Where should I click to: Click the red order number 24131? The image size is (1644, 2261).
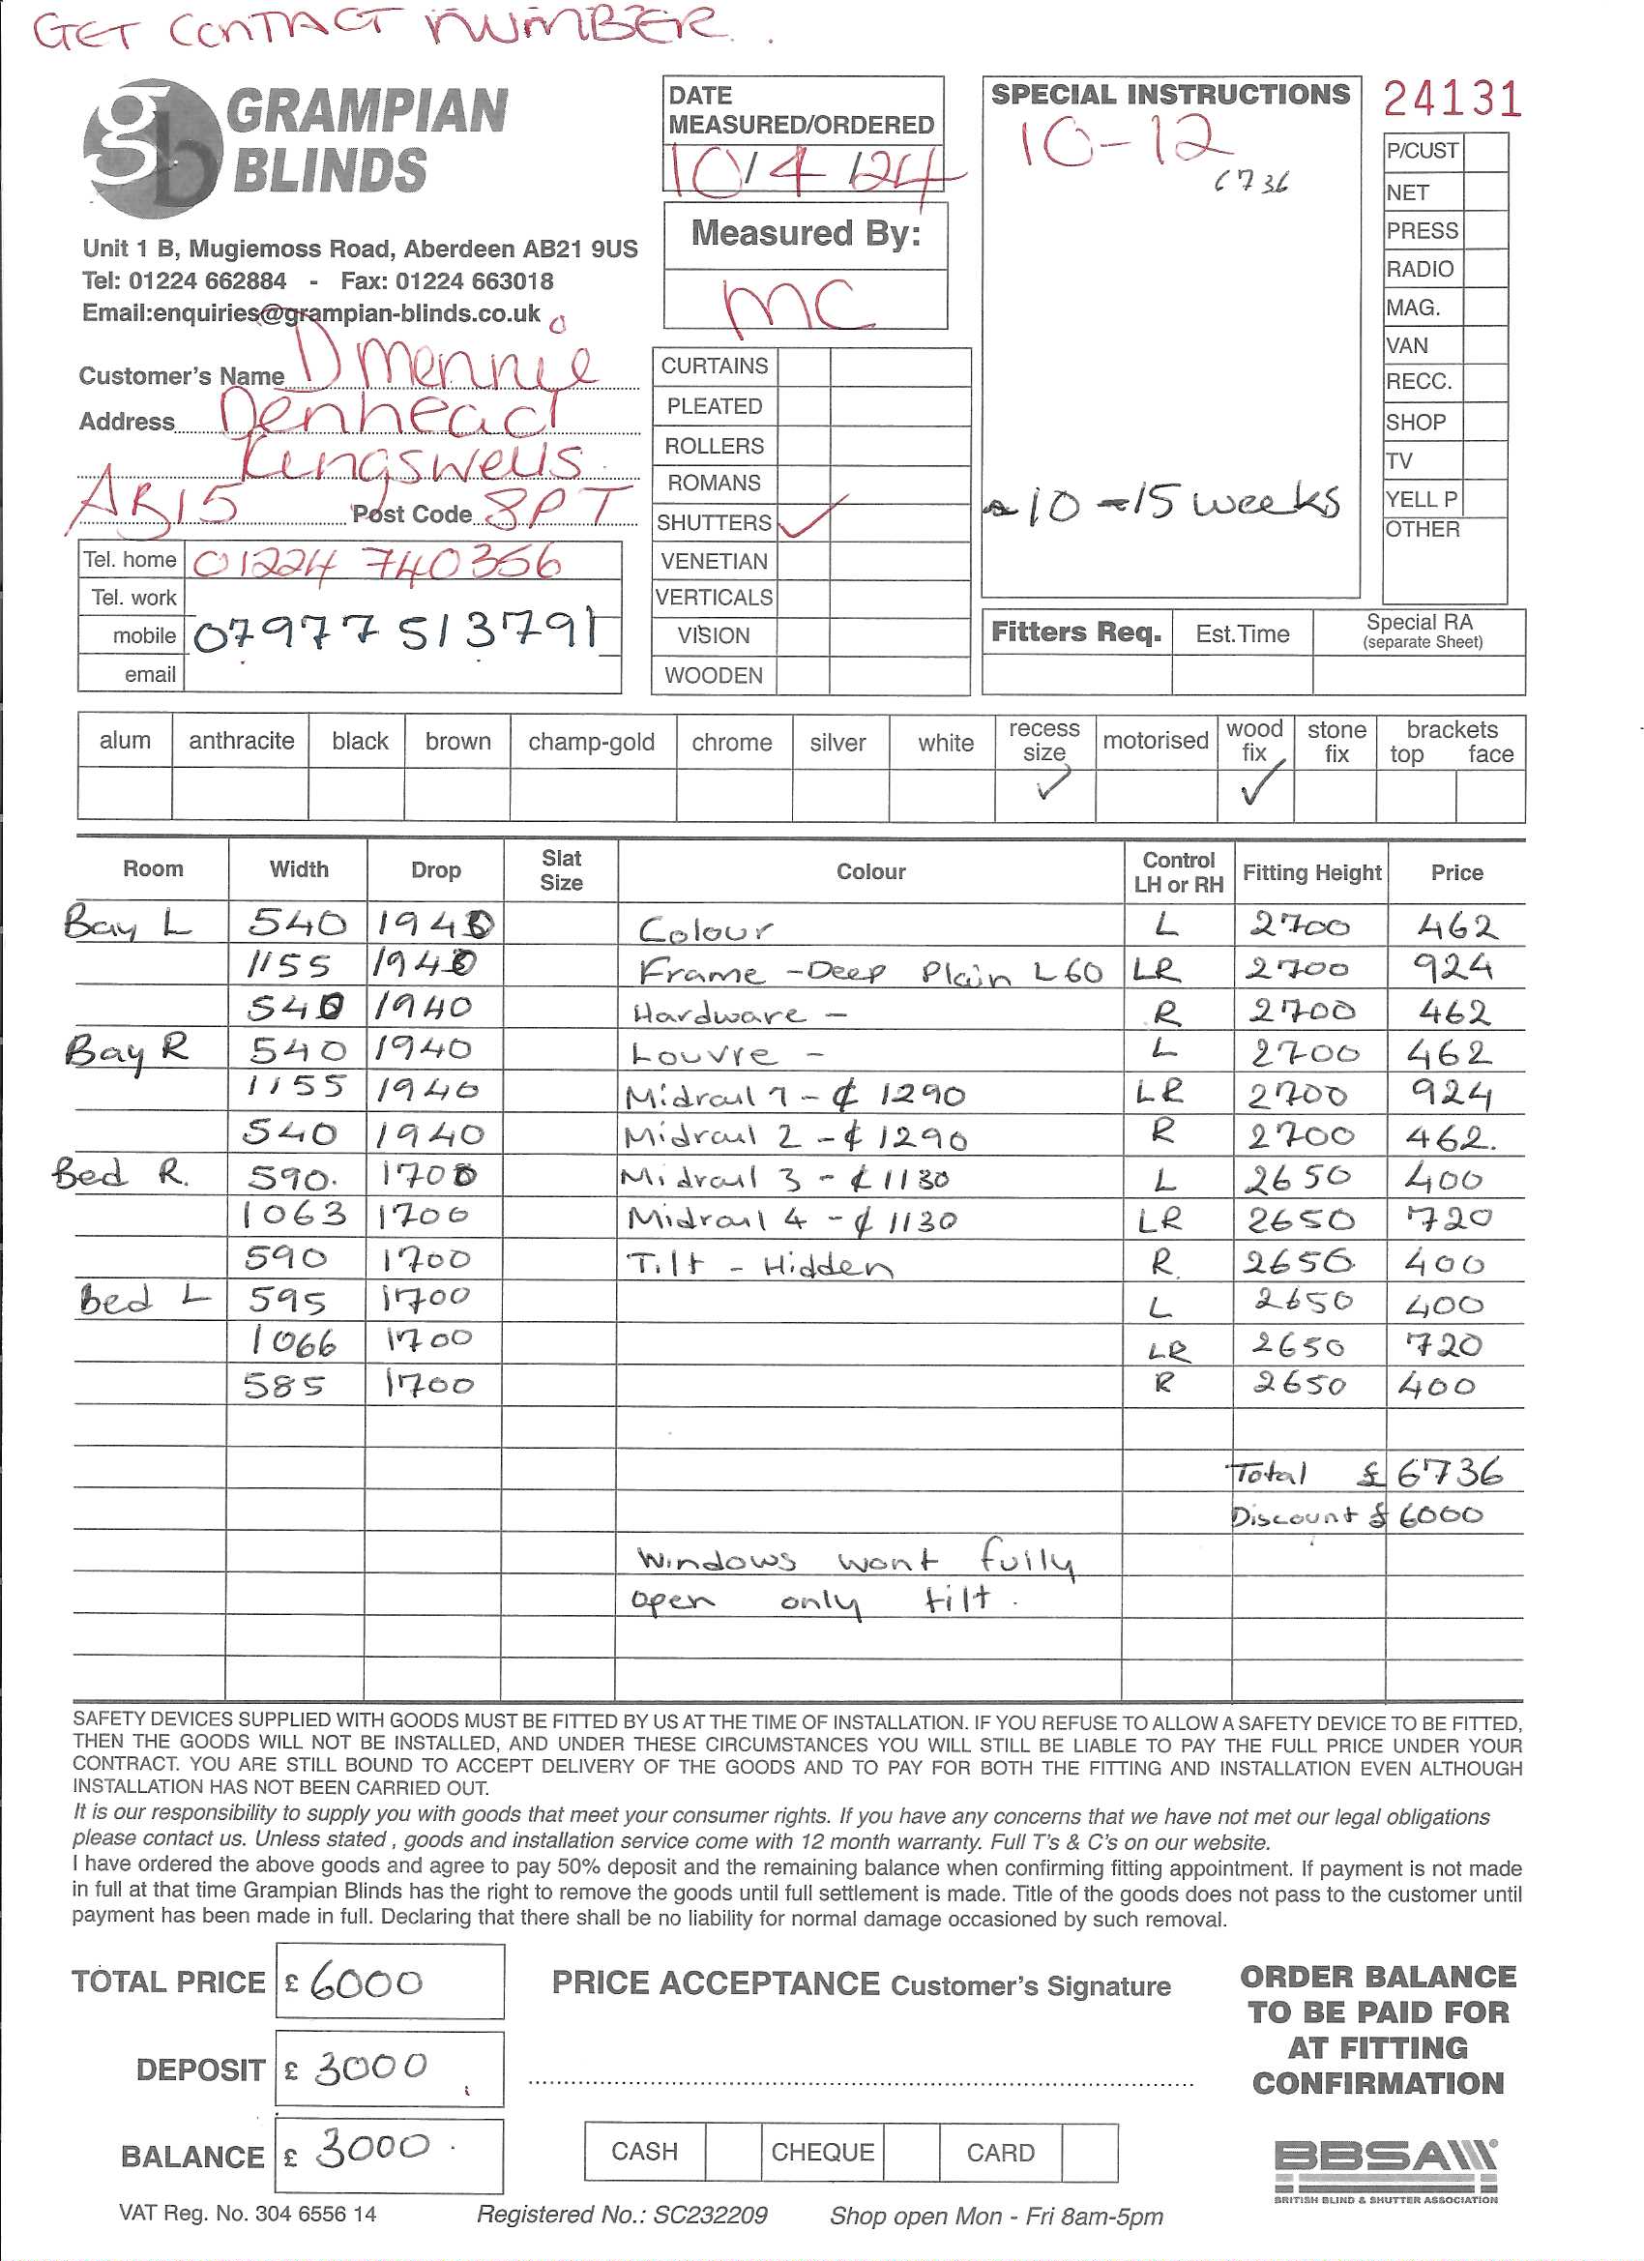click(x=1451, y=100)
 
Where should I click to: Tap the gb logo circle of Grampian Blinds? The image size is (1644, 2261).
click(x=153, y=149)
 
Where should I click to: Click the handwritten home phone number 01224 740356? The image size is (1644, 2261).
click(x=376, y=563)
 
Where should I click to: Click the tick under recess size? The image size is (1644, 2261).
click(x=1051, y=785)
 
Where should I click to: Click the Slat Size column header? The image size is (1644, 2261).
click(x=561, y=870)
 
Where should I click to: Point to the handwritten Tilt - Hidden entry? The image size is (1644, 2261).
click(x=759, y=1265)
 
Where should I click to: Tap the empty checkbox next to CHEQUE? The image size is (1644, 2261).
click(x=910, y=2153)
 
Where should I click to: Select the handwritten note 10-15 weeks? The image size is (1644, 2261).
click(x=1166, y=504)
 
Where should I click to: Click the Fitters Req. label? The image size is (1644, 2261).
click(x=1075, y=633)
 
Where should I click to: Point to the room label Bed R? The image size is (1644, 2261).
click(x=120, y=1173)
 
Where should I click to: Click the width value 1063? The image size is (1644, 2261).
click(x=295, y=1215)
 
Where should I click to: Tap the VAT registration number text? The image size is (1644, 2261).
click(x=248, y=2215)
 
